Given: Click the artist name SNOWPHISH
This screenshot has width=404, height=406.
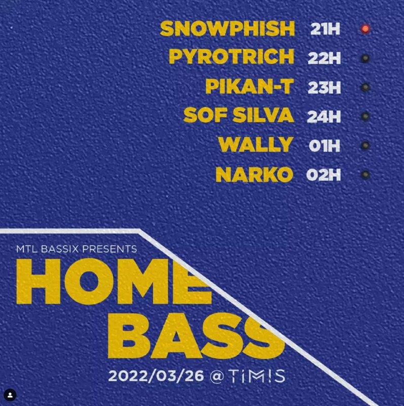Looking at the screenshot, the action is (x=228, y=28).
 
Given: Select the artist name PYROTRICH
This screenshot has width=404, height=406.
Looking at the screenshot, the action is (x=232, y=56).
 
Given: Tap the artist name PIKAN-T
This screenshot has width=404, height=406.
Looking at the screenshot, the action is (x=250, y=86).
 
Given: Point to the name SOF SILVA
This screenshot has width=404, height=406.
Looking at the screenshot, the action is (x=239, y=115).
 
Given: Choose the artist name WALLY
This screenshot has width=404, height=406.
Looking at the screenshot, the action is (x=256, y=144).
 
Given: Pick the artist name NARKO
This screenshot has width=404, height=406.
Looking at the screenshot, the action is (x=254, y=175).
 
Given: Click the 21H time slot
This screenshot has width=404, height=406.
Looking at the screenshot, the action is (x=325, y=29).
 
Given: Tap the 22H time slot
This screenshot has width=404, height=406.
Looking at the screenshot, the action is (x=324, y=58).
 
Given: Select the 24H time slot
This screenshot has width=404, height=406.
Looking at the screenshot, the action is (x=324, y=116).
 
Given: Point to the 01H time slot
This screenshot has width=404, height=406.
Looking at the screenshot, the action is (x=324, y=146).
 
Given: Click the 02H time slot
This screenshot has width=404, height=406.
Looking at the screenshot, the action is (x=323, y=175).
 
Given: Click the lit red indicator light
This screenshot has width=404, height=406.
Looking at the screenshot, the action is (x=365, y=29).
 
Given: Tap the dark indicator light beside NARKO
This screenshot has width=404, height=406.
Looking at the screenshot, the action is (x=365, y=175).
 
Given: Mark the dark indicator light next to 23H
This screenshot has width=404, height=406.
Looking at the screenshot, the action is (x=365, y=87).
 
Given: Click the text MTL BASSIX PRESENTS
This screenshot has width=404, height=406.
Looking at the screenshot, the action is (x=77, y=249).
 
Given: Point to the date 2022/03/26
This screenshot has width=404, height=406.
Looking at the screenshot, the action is (x=156, y=376).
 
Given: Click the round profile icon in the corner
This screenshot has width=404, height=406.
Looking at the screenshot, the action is (x=10, y=395).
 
